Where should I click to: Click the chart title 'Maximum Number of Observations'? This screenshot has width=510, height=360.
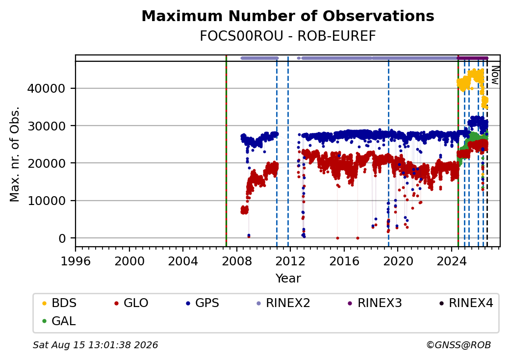(288, 16)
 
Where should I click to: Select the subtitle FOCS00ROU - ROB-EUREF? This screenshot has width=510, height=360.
(288, 36)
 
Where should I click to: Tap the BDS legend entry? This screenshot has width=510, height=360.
(60, 303)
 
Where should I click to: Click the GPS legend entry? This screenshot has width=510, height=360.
(203, 303)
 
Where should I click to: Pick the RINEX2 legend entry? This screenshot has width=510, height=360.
(283, 303)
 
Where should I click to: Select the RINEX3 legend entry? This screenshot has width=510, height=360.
(375, 303)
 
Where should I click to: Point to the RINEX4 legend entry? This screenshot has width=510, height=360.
(466, 303)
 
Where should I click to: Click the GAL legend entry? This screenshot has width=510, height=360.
(59, 321)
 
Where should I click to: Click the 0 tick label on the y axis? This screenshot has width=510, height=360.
(62, 238)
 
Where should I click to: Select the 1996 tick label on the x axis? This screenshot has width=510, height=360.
(76, 261)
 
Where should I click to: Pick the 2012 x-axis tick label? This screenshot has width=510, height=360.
(290, 261)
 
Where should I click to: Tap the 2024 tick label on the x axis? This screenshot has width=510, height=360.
(452, 261)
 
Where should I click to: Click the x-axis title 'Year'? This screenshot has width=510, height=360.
(288, 279)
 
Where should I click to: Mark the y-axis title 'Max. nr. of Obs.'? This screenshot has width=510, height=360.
(15, 154)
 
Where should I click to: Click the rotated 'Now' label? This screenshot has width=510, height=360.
(495, 75)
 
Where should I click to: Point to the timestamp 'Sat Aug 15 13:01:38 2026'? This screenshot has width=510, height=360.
(95, 345)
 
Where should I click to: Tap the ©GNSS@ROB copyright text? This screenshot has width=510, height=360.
(459, 345)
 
